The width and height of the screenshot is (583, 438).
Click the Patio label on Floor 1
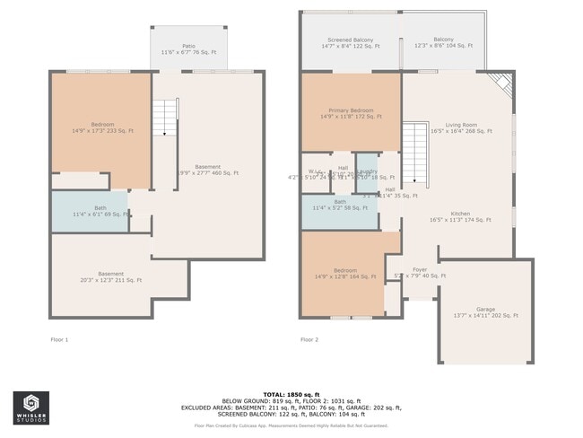tap(188, 48)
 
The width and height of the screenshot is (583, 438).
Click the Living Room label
tap(461, 127)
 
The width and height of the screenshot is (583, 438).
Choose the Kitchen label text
tap(461, 216)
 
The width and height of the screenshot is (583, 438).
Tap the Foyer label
tap(420, 272)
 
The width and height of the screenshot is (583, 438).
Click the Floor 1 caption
tap(59, 340)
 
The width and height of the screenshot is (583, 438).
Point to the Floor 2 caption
tap(309, 340)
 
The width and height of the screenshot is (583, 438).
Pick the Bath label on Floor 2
tap(340, 205)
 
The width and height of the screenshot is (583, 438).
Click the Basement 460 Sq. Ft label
tap(208, 169)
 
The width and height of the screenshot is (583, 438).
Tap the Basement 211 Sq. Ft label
tap(111, 276)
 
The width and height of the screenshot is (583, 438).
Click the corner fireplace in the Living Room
tap(502, 86)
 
